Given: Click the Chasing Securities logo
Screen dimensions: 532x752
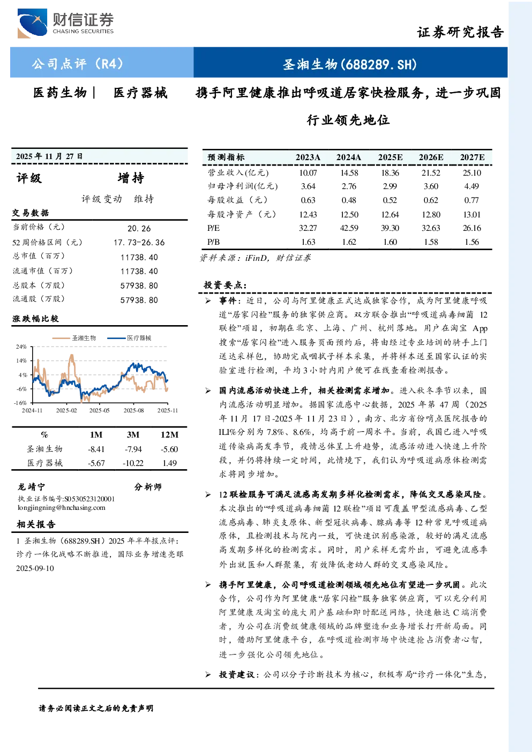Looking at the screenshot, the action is point(65,23).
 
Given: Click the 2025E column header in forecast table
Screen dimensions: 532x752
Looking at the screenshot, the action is point(390,157).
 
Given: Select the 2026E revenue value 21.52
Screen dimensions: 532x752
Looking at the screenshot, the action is point(431,173).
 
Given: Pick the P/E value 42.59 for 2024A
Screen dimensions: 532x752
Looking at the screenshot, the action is point(349,228).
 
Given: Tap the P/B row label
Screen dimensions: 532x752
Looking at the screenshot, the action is point(213,242).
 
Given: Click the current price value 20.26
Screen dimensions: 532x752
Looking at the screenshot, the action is point(139,229).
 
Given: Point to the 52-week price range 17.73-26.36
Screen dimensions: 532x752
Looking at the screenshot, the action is point(139,243).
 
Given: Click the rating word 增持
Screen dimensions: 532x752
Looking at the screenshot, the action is point(131,178).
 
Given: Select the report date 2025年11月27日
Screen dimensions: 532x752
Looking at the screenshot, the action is point(49,156).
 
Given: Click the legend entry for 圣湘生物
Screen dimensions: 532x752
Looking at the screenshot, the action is point(74,338).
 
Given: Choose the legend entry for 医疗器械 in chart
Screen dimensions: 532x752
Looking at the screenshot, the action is point(129,338).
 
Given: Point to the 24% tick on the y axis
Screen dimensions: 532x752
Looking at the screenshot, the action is point(21,347).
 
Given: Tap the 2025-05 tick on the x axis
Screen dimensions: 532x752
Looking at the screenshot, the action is point(100,410).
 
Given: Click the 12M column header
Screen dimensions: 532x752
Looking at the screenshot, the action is point(170,435).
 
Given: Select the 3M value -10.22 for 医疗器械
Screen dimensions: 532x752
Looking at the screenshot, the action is point(133,463).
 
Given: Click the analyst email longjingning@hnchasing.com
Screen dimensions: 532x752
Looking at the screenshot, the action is point(62,508).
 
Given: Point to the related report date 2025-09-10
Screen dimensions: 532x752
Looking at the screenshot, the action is point(35,568).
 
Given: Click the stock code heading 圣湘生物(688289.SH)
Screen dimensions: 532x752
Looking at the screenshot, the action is point(350,64).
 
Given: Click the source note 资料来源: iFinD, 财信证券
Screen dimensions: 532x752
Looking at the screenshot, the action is point(255,258).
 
